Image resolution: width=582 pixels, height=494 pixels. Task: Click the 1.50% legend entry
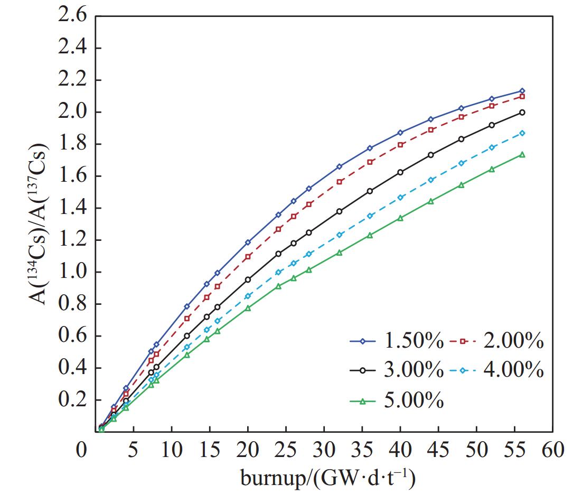(396, 342)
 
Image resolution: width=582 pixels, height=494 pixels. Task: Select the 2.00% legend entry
(497, 342)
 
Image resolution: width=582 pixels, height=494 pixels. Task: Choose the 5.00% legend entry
(396, 402)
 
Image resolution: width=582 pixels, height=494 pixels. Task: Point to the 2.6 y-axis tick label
(72, 16)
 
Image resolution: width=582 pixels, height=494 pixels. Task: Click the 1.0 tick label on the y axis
(72, 272)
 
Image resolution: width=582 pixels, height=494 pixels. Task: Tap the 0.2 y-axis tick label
(72, 400)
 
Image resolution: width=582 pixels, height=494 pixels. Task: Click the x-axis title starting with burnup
(327, 478)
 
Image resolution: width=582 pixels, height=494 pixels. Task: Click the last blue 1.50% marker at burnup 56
(522, 91)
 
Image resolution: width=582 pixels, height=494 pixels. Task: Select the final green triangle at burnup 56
(522, 155)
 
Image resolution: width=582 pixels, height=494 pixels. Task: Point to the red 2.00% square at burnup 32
(340, 182)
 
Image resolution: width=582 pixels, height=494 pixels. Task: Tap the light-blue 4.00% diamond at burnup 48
(462, 163)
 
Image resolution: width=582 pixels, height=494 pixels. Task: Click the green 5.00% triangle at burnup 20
(248, 308)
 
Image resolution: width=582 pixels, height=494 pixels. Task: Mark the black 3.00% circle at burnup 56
(522, 113)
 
